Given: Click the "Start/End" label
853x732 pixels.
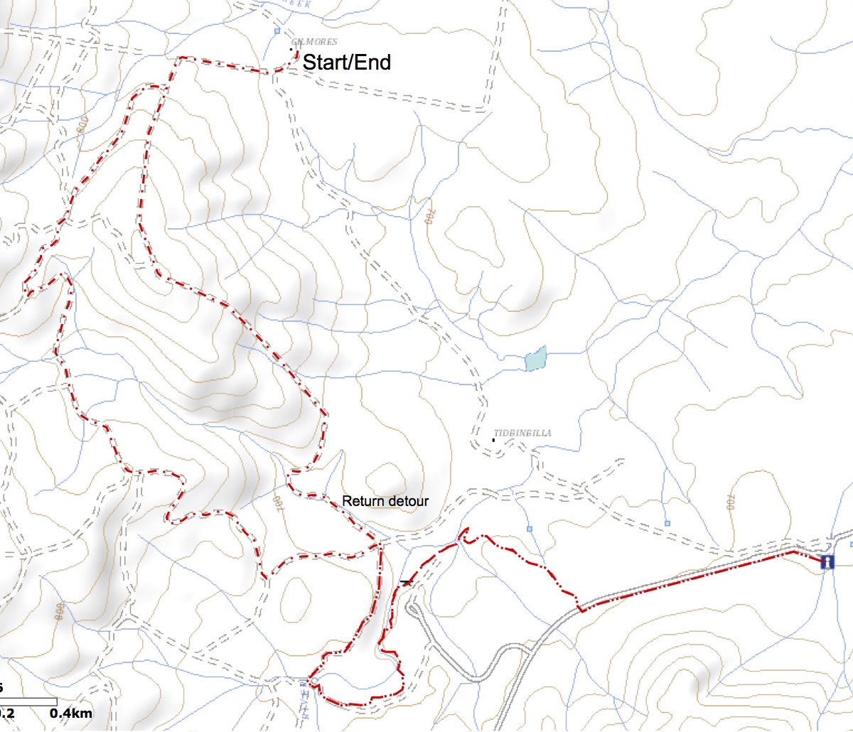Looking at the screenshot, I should click(x=346, y=63).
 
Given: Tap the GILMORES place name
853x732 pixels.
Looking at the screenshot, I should click(x=314, y=42).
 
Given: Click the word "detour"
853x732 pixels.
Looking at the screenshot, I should click(x=409, y=501).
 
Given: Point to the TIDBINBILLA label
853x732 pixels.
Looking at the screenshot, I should click(x=522, y=433).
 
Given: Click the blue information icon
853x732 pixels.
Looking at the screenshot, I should click(x=827, y=562).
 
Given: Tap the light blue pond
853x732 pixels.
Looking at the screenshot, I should click(x=536, y=359).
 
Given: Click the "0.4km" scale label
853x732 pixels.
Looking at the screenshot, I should click(x=71, y=713).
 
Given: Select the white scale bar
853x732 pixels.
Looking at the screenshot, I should click(x=28, y=702).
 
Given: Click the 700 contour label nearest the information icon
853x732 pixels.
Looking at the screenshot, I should click(x=731, y=502).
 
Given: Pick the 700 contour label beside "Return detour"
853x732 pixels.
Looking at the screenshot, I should click(x=277, y=502).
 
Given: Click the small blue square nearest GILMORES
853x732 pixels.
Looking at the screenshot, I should click(x=277, y=31).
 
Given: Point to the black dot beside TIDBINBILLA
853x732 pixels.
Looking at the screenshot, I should click(x=493, y=440).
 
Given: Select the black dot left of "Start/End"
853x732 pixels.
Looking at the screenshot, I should click(x=291, y=49).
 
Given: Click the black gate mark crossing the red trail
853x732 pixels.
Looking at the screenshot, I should click(x=406, y=582).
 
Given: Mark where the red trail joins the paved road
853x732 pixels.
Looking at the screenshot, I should click(x=581, y=609).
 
